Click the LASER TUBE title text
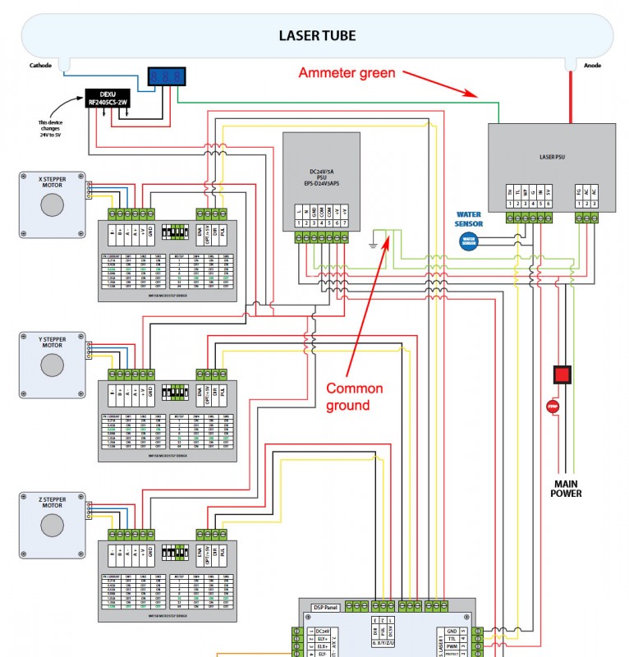click(x=316, y=35)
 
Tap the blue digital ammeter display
click(x=167, y=77)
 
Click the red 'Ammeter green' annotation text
click(x=347, y=73)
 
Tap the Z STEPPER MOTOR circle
click(x=52, y=525)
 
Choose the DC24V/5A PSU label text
click(x=320, y=176)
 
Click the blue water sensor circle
click(x=468, y=241)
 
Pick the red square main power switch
click(x=562, y=375)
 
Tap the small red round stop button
click(x=552, y=405)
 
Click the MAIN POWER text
click(x=566, y=489)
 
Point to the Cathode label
click(x=40, y=65)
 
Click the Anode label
click(x=591, y=65)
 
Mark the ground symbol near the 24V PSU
click(x=374, y=244)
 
